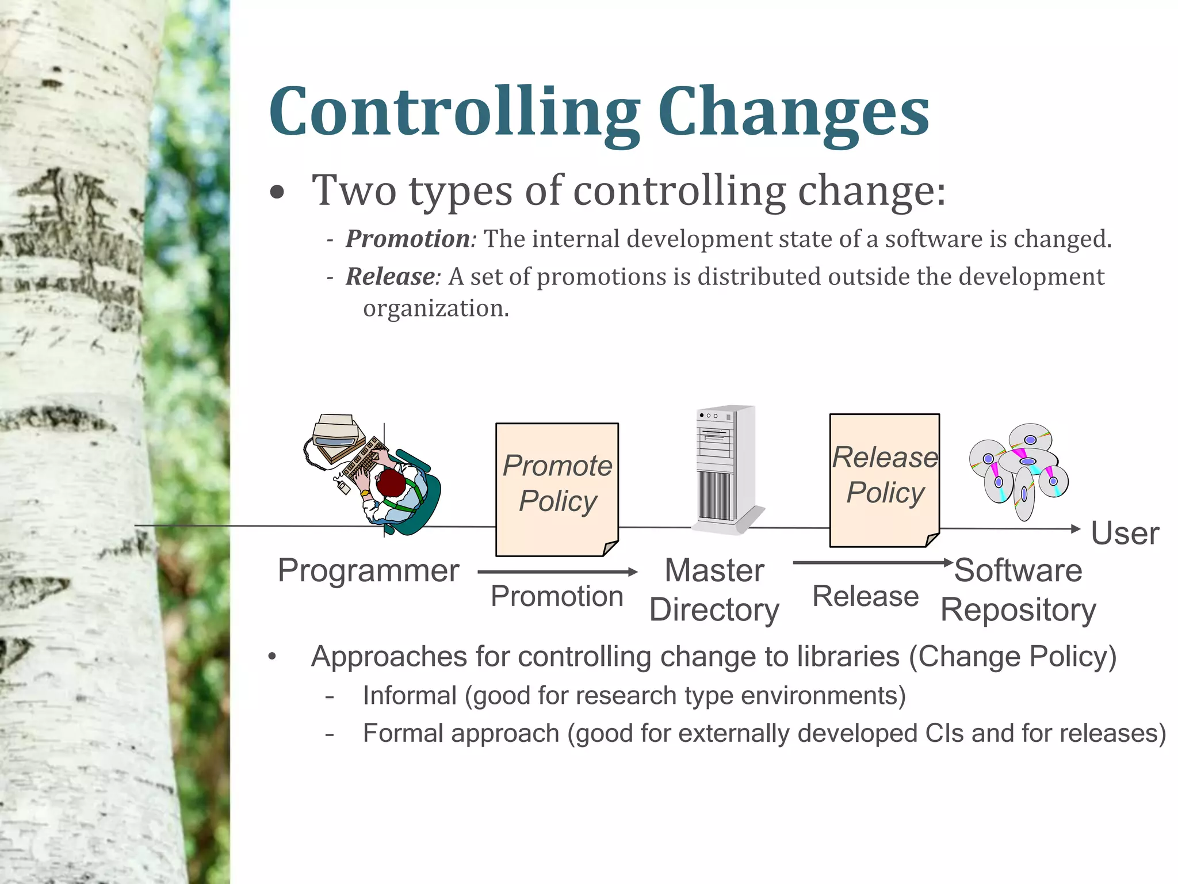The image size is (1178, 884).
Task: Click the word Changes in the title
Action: (793, 112)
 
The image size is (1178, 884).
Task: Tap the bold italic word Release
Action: (391, 277)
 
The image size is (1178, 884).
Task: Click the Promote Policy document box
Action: (557, 489)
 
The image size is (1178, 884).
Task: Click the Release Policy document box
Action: (884, 480)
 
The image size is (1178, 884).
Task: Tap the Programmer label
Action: (368, 571)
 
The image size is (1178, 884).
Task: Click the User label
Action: (1125, 534)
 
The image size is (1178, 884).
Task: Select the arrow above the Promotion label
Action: (557, 571)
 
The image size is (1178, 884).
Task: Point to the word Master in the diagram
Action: (714, 571)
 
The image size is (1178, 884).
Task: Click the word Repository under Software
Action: (1018, 610)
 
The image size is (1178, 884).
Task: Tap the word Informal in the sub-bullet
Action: (410, 696)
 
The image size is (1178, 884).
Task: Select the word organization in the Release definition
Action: (435, 308)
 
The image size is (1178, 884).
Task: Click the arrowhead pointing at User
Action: (1076, 529)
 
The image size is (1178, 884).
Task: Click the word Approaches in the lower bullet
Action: (389, 657)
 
